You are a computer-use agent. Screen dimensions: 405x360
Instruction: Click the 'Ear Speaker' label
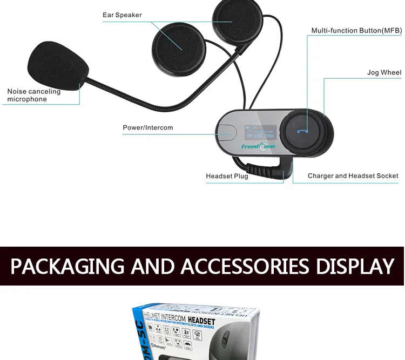(x=122, y=15)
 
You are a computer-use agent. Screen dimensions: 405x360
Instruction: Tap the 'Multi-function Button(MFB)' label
(x=356, y=31)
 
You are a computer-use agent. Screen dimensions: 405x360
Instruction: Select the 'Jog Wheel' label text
(x=384, y=72)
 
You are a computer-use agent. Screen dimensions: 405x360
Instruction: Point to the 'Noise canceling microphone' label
(x=33, y=96)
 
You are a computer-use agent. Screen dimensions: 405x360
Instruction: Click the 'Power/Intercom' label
(x=148, y=128)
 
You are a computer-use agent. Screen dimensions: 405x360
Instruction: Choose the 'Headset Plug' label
(x=227, y=176)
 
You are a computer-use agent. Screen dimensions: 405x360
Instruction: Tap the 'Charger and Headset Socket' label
(x=353, y=176)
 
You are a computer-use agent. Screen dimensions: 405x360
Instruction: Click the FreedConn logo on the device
(x=258, y=147)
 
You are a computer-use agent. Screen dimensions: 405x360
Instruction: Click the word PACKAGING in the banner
(x=67, y=267)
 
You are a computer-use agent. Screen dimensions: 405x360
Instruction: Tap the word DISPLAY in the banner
(x=355, y=267)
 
